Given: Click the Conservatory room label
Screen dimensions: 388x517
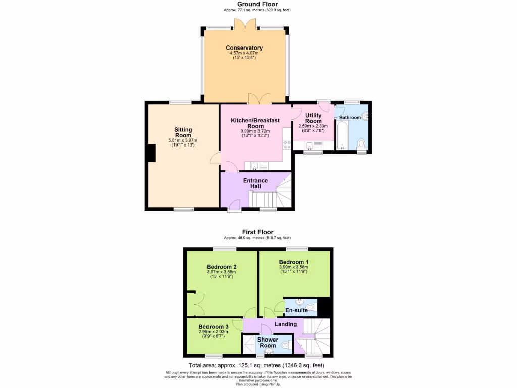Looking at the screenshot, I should click(x=244, y=48).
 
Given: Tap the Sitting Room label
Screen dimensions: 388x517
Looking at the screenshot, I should click(x=183, y=133).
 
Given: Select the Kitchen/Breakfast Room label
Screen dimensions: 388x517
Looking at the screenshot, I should click(x=255, y=123).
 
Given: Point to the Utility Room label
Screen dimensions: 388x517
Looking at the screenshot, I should click(x=313, y=118).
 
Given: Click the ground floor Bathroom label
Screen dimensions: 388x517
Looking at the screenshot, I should click(x=350, y=117).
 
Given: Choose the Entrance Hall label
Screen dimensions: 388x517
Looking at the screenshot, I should click(x=255, y=183).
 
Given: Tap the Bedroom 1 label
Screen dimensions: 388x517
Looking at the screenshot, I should click(x=294, y=262).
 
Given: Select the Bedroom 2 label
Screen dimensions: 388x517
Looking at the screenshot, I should click(x=221, y=267).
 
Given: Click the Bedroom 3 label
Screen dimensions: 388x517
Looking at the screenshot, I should click(x=213, y=327).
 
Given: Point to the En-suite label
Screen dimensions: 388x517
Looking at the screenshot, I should click(x=296, y=310).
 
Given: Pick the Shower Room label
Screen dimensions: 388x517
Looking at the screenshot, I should click(x=268, y=343).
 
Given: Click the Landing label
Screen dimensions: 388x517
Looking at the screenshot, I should click(x=285, y=324).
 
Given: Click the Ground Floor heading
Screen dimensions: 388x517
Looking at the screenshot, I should click(x=257, y=4).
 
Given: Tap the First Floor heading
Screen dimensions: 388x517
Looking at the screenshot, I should click(x=257, y=232).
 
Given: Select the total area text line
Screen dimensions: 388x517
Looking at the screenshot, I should click(x=256, y=365).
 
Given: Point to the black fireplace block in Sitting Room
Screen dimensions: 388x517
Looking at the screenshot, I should click(x=150, y=153).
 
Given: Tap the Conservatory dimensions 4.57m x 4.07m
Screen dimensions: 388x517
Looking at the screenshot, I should click(x=244, y=53).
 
